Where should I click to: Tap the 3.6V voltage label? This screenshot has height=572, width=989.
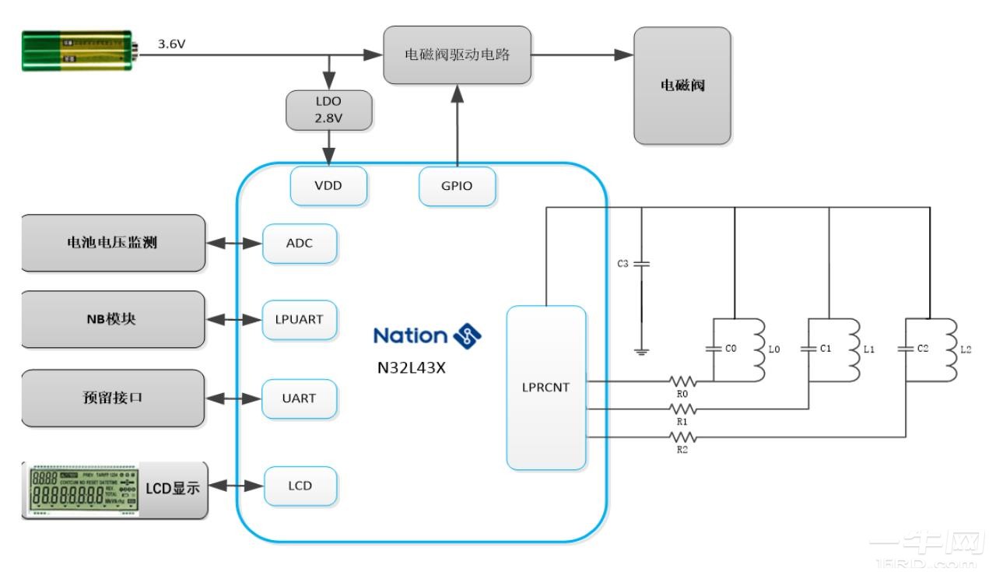click(x=172, y=44)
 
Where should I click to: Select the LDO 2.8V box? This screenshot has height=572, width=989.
click(x=329, y=110)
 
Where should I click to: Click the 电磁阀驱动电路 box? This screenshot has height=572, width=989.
click(x=458, y=54)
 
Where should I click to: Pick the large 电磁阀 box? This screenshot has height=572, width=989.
click(x=682, y=86)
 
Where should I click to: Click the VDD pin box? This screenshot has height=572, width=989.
click(x=328, y=186)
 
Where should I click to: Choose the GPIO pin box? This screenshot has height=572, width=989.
click(x=457, y=187)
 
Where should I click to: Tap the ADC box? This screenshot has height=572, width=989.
click(x=300, y=243)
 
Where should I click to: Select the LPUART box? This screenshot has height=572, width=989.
click(x=300, y=319)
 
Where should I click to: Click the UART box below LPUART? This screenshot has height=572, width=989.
click(x=300, y=398)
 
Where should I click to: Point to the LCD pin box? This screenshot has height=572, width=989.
click(x=300, y=486)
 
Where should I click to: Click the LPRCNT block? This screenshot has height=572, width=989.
click(x=545, y=388)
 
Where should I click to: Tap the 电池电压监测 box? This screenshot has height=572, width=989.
click(x=112, y=243)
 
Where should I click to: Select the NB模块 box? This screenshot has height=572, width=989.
click(x=112, y=319)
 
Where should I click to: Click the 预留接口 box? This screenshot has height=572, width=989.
click(x=112, y=398)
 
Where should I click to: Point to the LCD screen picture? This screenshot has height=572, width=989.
click(x=82, y=490)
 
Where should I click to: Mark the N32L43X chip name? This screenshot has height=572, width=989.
click(x=411, y=368)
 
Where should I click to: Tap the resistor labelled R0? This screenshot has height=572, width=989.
click(x=682, y=382)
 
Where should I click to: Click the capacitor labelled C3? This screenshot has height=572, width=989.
click(x=641, y=265)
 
